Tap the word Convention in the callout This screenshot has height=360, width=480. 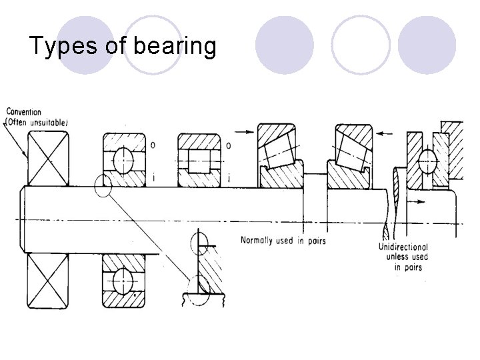pyautogui.click(x=23, y=111)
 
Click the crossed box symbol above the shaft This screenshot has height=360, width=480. pyautogui.click(x=47, y=158)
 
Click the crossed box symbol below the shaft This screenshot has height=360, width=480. pyautogui.click(x=47, y=281)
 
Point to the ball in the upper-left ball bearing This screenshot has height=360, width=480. pyautogui.click(x=123, y=160)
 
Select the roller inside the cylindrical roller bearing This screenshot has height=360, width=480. pyautogui.click(x=198, y=160)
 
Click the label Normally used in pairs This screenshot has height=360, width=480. pyautogui.click(x=283, y=240)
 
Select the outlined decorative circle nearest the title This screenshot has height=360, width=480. pyautogui.click(x=153, y=45)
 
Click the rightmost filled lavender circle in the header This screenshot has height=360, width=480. pyautogui.click(x=427, y=45)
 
